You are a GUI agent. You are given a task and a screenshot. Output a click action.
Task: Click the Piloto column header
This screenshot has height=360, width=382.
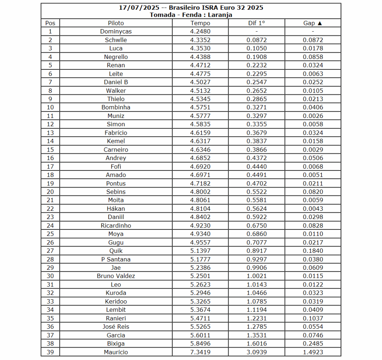pos(116,23)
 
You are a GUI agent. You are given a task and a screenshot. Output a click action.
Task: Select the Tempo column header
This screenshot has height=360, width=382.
pos(200,23)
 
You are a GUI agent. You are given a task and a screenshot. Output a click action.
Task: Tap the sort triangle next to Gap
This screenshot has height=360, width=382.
pos(320,23)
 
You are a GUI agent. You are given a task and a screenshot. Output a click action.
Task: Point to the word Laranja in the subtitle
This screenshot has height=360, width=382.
pos(220,15)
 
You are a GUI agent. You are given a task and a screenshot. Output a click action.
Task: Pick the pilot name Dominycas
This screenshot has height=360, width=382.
pos(116,32)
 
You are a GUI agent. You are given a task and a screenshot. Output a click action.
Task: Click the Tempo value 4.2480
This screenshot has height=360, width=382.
pos(200,32)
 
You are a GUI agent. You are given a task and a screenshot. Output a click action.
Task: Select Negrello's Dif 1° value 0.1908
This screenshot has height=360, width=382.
pos(257,57)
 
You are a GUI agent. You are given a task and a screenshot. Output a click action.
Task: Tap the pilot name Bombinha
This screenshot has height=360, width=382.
pos(116,107)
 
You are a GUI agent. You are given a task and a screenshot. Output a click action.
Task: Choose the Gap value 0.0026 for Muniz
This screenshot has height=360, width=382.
pos(313,116)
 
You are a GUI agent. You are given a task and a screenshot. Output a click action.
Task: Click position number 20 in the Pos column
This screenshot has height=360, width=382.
pos(50,192)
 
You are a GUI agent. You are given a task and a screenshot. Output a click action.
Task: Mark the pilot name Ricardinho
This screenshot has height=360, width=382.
pos(116,226)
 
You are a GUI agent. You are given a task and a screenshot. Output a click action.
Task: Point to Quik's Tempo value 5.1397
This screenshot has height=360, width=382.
pos(200,251)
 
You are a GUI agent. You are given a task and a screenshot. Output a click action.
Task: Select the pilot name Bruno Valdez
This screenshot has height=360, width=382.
pos(116,276)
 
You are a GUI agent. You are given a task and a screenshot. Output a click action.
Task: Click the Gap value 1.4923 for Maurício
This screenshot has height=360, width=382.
pos(313,352)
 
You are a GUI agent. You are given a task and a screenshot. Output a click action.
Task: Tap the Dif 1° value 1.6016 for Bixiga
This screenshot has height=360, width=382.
pos(257,344)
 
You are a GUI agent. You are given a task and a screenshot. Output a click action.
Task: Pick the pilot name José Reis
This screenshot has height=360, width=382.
pos(116,327)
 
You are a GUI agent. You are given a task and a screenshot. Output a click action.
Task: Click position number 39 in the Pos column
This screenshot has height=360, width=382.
pos(50,352)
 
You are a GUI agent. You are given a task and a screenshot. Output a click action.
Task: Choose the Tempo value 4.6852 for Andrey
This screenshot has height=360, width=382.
pos(200,158)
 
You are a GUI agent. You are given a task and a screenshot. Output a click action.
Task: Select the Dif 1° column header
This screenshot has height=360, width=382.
pos(257,23)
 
